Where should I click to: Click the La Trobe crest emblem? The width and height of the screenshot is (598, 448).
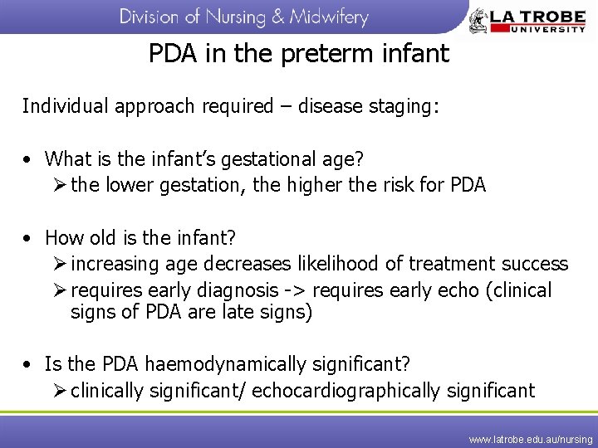tap(479, 20)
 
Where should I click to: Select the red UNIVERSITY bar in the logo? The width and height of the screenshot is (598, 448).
tap(539, 28)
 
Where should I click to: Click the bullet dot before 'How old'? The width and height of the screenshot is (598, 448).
tap(28, 238)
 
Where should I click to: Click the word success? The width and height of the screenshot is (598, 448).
tap(535, 264)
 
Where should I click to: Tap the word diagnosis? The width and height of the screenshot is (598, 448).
tap(233, 290)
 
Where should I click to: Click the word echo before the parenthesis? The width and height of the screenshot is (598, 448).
tap(458, 290)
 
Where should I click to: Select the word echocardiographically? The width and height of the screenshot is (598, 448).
tap(348, 390)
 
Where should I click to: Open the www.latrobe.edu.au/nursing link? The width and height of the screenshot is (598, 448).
tap(531, 438)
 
